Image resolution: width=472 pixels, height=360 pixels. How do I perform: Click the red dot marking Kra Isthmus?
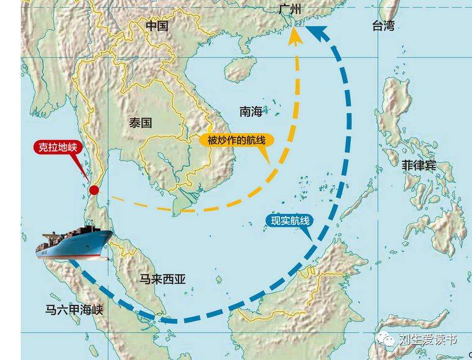(94, 190)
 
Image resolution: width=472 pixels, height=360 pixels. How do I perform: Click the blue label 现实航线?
(290, 221)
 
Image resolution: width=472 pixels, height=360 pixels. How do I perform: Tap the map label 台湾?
(383, 25)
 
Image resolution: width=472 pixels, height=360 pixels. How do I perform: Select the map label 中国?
(157, 26)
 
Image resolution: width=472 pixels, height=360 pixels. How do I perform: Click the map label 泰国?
(140, 122)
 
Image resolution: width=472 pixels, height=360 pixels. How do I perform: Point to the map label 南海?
(251, 111)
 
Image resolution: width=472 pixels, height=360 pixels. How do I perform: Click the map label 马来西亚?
(162, 279)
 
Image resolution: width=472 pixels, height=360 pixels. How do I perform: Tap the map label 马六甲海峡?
(75, 310)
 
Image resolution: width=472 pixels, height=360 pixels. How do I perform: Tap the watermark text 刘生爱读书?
(428, 340)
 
